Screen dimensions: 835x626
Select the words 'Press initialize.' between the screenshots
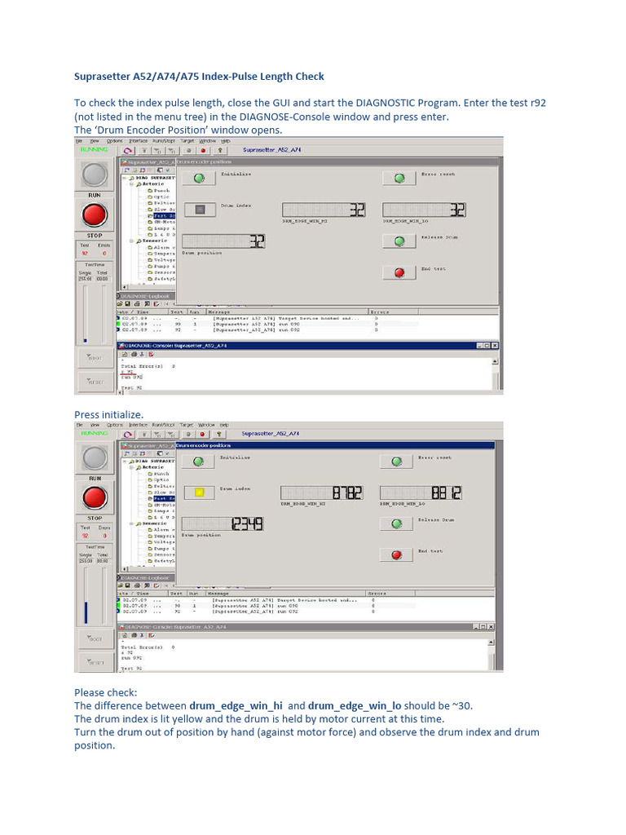click(108, 415)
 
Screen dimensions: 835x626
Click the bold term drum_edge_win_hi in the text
click(236, 705)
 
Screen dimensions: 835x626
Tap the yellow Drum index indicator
click(199, 493)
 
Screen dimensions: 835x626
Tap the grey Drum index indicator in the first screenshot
click(199, 210)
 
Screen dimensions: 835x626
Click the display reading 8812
click(424, 493)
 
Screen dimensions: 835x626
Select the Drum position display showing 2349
click(223, 524)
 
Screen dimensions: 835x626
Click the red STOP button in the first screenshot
click(95, 216)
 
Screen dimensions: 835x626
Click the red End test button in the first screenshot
click(399, 272)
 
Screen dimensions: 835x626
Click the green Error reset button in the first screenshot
click(399, 178)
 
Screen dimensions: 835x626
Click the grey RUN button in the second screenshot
click(95, 458)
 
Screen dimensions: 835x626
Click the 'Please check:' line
click(106, 692)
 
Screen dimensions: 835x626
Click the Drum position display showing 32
click(223, 241)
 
